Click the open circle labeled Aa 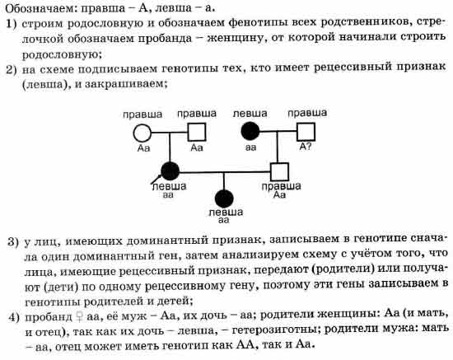142,133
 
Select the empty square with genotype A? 306,132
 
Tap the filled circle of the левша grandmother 250,131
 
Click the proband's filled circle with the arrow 170,171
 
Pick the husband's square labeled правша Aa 279,172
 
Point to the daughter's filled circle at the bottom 224,199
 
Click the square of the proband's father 197,133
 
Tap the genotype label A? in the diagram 306,147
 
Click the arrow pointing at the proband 156,179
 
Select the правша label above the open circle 142,115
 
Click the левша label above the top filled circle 250,114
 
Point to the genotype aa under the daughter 223,221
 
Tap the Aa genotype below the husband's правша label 279,195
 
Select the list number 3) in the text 12,242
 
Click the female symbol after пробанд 79,317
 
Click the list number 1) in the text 12,24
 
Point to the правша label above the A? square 307,113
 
